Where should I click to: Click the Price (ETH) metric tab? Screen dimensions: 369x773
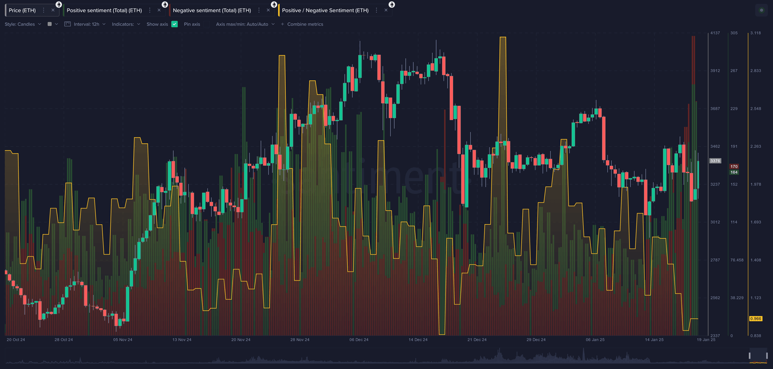tap(22, 10)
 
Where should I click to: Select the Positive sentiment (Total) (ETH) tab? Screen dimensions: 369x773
tap(104, 10)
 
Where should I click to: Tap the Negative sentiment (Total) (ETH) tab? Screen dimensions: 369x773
tap(211, 10)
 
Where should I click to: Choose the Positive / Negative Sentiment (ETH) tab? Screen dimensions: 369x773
tap(325, 10)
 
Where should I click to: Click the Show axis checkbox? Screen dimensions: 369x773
tap(175, 24)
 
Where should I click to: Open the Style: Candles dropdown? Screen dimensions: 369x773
tap(23, 24)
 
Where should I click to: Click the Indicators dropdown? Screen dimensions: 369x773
tap(126, 24)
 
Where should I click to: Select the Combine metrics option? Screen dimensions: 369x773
tap(305, 24)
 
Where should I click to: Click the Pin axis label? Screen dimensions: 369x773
tap(192, 24)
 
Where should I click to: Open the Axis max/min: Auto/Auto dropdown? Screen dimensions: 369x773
tap(245, 24)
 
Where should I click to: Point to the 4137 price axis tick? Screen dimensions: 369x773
tap(715, 33)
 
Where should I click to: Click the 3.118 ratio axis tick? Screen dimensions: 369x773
tap(755, 33)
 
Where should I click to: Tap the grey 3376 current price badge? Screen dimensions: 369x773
tap(715, 161)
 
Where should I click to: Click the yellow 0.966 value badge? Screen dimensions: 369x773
tap(755, 319)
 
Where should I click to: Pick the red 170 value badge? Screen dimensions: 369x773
tap(734, 166)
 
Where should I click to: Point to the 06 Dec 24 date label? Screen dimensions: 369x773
tap(359, 340)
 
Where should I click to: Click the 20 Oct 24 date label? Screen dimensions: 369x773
tap(16, 340)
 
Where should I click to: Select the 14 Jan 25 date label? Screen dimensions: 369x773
tap(654, 340)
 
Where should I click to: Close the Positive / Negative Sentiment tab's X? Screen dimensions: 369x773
tap(386, 10)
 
